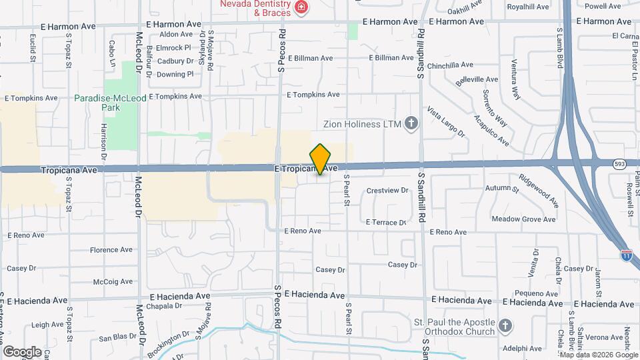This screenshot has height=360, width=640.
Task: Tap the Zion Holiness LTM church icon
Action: pyautogui.click(x=411, y=123)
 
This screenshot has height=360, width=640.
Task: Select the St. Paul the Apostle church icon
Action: pyautogui.click(x=505, y=327)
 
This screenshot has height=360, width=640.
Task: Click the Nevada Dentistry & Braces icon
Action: pyautogui.click(x=302, y=8)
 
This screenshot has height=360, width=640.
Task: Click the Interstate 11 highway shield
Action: pyautogui.click(x=626, y=254)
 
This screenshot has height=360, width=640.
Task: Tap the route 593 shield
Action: pyautogui.click(x=619, y=163)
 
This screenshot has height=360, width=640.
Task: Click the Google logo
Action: pyautogui.click(x=22, y=351)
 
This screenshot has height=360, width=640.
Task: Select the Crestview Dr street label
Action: pyautogui.click(x=387, y=191)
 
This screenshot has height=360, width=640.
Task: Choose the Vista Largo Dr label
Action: pyautogui.click(x=446, y=121)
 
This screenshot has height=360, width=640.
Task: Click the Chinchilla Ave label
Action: pyautogui.click(x=450, y=66)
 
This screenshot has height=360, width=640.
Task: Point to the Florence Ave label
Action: pyautogui.click(x=112, y=250)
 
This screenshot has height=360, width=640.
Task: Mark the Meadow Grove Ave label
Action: pyautogui.click(x=523, y=219)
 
